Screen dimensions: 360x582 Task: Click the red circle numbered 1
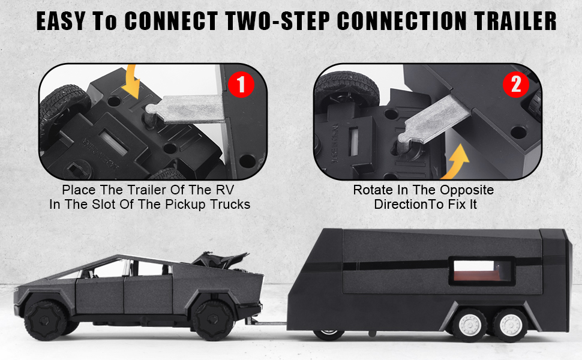pos(241,85)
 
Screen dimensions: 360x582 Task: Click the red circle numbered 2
pos(515,85)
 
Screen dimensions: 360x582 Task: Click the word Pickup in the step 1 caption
pos(195,204)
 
